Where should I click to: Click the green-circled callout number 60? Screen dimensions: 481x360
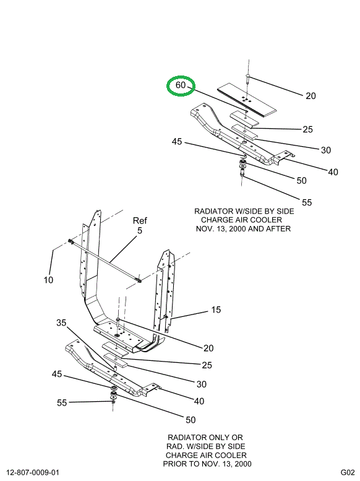click(x=181, y=85)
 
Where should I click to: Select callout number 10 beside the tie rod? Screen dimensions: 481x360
click(x=48, y=280)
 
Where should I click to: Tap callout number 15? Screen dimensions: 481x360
click(x=215, y=310)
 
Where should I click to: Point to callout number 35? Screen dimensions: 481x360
click(x=61, y=323)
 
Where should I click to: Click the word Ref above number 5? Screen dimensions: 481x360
click(x=140, y=220)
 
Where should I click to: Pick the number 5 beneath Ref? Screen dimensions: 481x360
click(x=140, y=231)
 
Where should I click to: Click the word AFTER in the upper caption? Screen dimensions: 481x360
click(x=276, y=228)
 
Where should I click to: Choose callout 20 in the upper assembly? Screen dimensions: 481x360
click(x=311, y=96)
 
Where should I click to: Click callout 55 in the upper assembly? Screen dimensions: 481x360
click(x=307, y=202)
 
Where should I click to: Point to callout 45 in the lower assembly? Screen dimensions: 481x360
click(x=57, y=374)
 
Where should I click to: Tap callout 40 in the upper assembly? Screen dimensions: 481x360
click(x=333, y=172)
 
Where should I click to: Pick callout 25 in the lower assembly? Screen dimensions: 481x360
click(x=207, y=365)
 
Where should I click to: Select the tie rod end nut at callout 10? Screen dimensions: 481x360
click(x=71, y=241)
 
